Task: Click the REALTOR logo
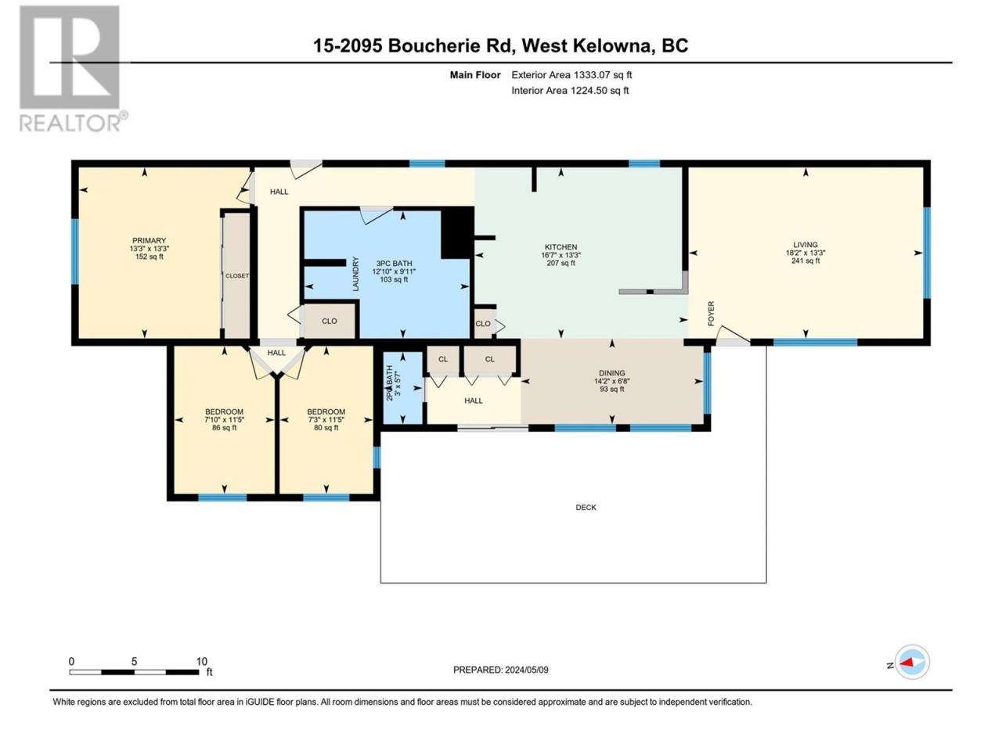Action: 73,68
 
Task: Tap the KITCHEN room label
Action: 560,247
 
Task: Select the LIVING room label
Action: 806,245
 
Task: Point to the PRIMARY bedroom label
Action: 149,241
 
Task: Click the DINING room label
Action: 612,373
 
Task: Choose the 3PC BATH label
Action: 394,264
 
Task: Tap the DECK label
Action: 586,508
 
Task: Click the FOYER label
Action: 711,314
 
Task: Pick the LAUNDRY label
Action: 355,274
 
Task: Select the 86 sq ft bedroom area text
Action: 224,428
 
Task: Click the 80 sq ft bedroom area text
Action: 326,428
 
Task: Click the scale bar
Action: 134,672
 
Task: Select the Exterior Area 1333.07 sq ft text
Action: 571,75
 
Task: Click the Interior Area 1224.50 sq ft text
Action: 570,90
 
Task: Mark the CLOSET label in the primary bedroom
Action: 237,276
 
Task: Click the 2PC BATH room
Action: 403,387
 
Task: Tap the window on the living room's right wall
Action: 927,253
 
